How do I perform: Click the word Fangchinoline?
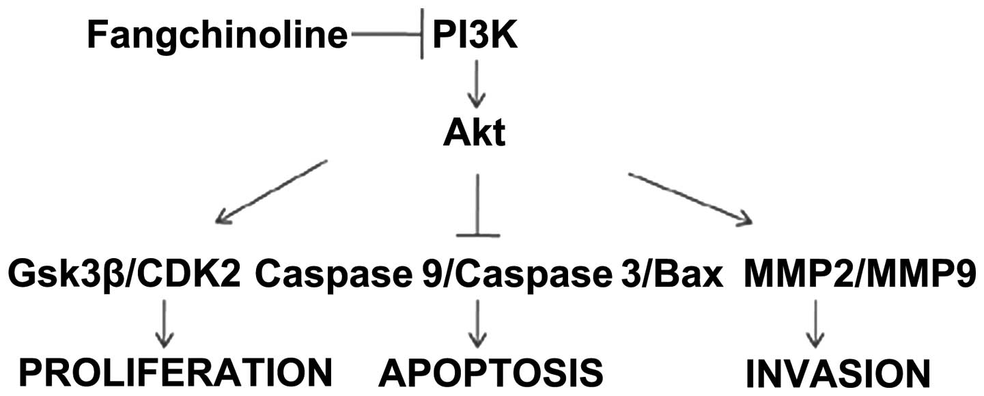pyautogui.click(x=217, y=36)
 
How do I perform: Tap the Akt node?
pyautogui.click(x=474, y=135)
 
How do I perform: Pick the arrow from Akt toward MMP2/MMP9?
pyautogui.click(x=690, y=198)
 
